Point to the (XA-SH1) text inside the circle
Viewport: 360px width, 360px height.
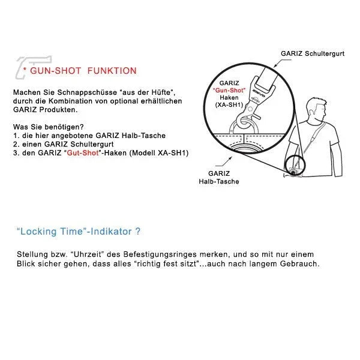pyautogui.click(x=229, y=105)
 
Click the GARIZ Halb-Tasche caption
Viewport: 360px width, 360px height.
pyautogui.click(x=218, y=178)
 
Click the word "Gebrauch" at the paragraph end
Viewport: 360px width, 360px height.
pyautogui.click(x=299, y=264)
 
